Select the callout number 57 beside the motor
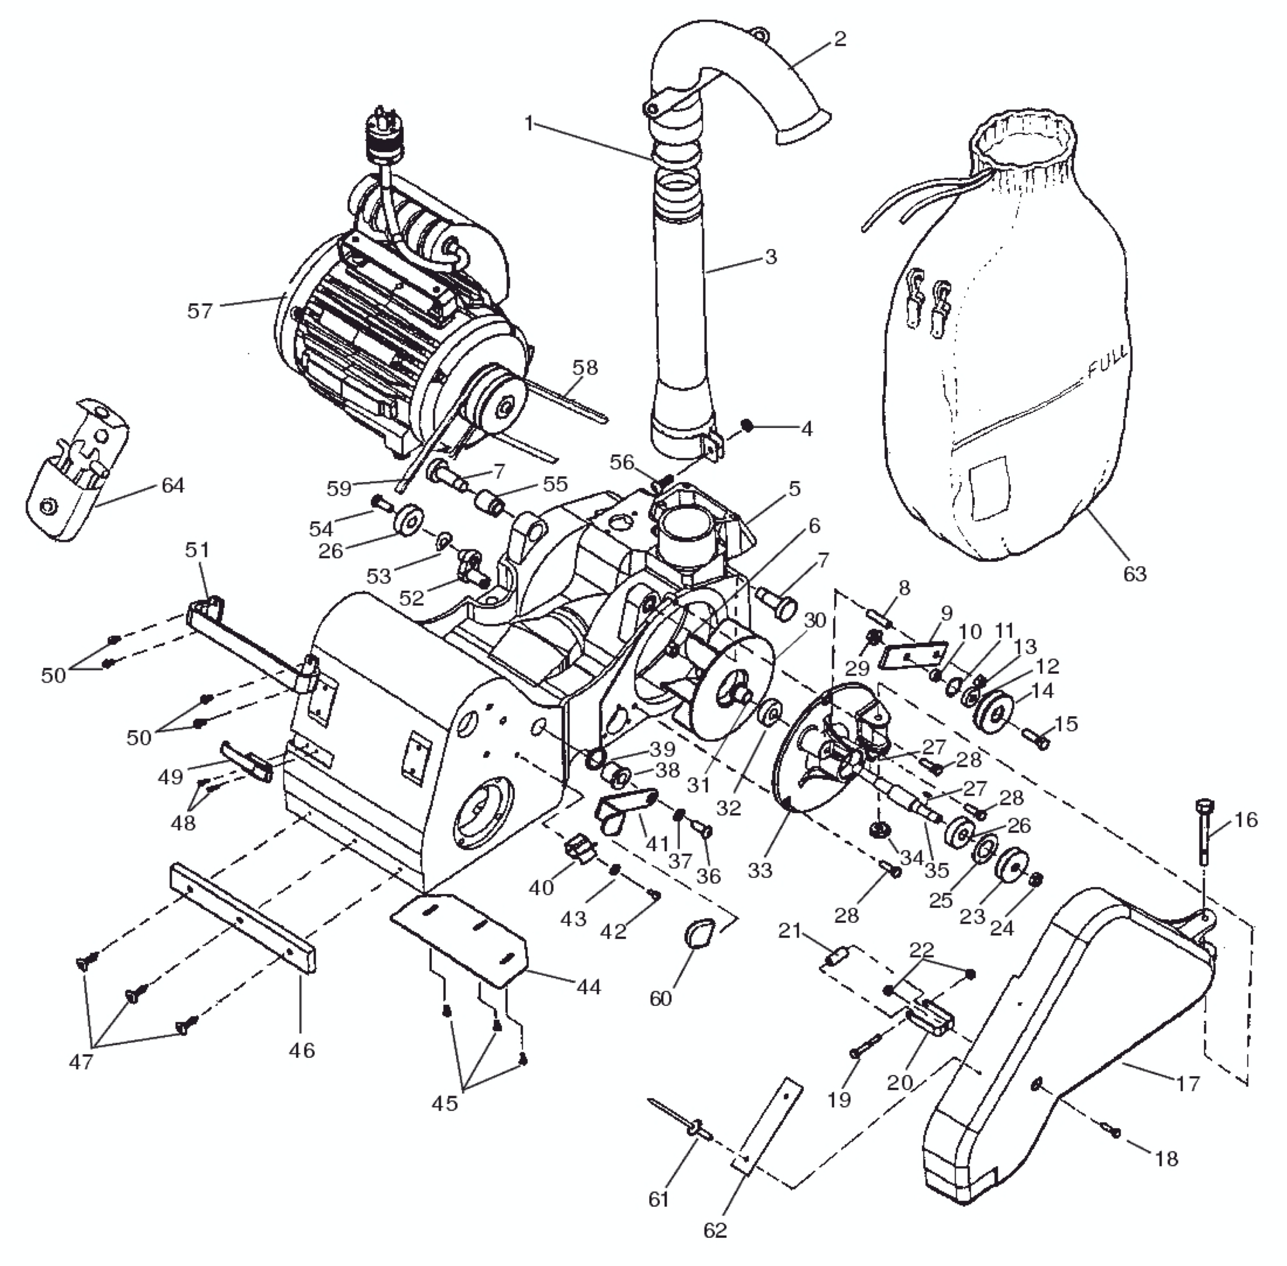[x=199, y=311]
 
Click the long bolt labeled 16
[x=1205, y=831]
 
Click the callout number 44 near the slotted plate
[x=588, y=987]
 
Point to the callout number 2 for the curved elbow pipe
[x=840, y=39]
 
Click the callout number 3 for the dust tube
[x=771, y=257]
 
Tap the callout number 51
[x=197, y=550]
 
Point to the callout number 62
[x=715, y=1230]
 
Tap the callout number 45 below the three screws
[x=444, y=1103]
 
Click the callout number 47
[x=81, y=1062]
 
